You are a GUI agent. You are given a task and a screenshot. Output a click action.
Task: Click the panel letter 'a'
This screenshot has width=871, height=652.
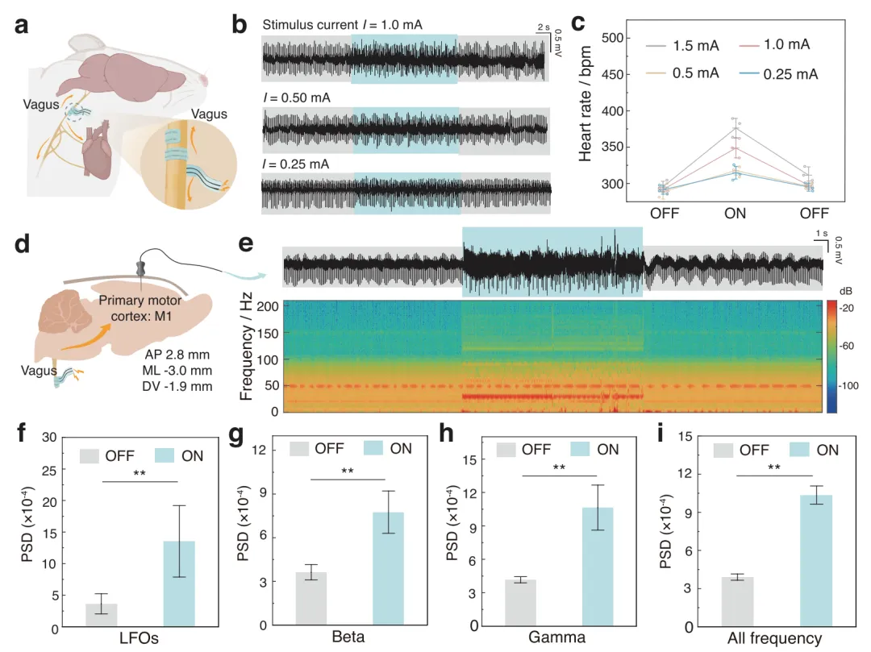(25, 25)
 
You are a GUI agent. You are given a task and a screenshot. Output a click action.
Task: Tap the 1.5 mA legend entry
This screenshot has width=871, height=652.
(684, 46)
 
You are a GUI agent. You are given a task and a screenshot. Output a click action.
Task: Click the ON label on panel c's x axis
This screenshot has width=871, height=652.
(735, 214)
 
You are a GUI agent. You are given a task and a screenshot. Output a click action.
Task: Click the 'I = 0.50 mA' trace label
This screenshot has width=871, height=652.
(296, 98)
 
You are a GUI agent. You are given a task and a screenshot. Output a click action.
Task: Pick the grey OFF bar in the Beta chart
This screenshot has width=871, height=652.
(311, 599)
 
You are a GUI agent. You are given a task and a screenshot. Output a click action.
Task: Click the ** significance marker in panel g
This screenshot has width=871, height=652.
(348, 472)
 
